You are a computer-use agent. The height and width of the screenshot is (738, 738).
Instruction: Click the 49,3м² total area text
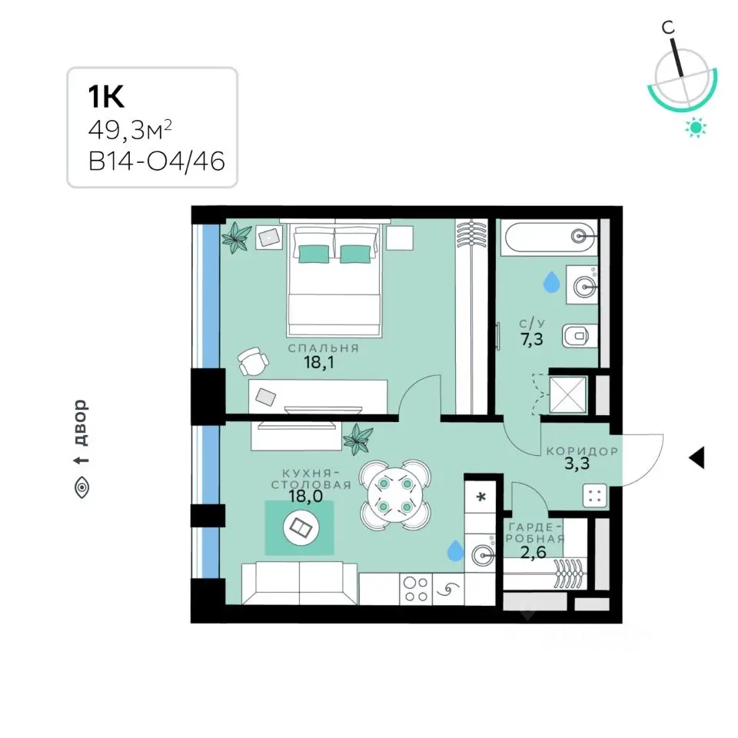pyautogui.click(x=130, y=129)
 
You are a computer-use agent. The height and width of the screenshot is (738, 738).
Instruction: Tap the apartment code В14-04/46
pyautogui.click(x=157, y=161)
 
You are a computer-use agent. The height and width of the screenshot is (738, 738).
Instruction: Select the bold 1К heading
pyautogui.click(x=106, y=96)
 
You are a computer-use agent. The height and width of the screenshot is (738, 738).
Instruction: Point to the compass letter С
pyautogui.click(x=668, y=28)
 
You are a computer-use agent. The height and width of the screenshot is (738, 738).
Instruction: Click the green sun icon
pyautogui.click(x=696, y=128)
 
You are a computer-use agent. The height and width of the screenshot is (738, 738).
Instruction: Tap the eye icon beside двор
pyautogui.click(x=82, y=487)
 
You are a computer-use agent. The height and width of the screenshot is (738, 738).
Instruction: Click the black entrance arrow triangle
pyautogui.click(x=696, y=457)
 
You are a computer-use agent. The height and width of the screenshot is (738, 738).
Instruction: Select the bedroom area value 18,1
pyautogui.click(x=319, y=362)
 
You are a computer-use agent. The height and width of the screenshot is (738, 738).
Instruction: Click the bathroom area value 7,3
pyautogui.click(x=532, y=338)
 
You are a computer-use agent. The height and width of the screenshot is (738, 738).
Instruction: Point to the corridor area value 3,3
pyautogui.click(x=577, y=464)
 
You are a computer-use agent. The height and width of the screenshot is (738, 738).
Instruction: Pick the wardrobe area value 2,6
pyautogui.click(x=534, y=552)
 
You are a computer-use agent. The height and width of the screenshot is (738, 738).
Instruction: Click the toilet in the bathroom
pyautogui.click(x=580, y=336)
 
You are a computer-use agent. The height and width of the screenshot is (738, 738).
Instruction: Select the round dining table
pyautogui.click(x=395, y=495)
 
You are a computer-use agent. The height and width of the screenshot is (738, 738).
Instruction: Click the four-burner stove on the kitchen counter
pyautogui.click(x=416, y=589)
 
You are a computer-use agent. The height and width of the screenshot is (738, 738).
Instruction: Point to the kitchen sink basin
pyautogui.click(x=482, y=555)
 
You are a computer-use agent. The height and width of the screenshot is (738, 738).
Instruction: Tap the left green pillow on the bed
pyautogui.click(x=314, y=254)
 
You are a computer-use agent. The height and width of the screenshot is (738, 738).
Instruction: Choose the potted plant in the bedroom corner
pyautogui.click(x=236, y=238)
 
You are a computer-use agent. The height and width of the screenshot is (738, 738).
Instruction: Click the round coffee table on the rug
pyautogui.click(x=301, y=527)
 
